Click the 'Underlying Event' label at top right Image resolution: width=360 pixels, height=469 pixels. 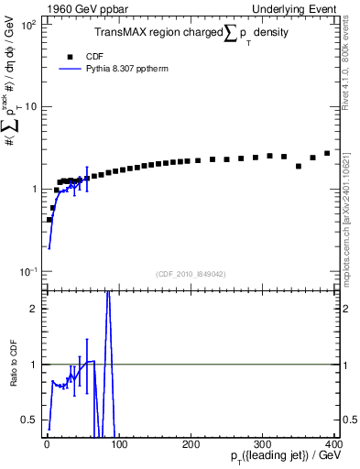(x=297, y=8)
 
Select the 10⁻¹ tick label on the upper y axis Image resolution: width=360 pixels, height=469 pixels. (x=27, y=272)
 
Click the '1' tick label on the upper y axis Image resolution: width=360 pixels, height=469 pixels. (x=33, y=190)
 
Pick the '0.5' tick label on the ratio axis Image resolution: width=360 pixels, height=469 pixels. (x=28, y=420)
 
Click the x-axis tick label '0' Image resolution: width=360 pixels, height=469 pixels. (x=45, y=444)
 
